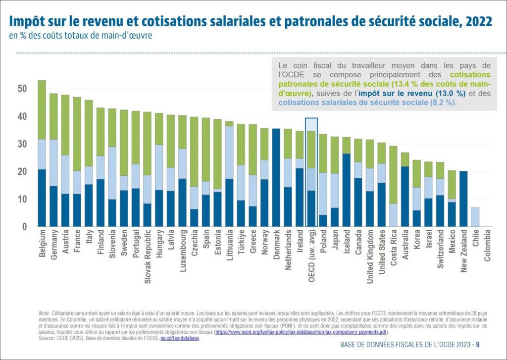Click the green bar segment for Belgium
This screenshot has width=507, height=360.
[42, 109]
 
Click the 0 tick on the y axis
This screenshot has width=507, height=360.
[24, 227]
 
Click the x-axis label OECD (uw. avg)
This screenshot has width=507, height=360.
[311, 252]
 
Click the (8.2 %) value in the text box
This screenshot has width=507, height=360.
[442, 103]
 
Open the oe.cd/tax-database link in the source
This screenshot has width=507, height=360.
[179, 338]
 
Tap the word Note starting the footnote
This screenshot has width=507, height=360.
[44, 313]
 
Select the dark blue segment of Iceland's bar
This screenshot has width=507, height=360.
[347, 190]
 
